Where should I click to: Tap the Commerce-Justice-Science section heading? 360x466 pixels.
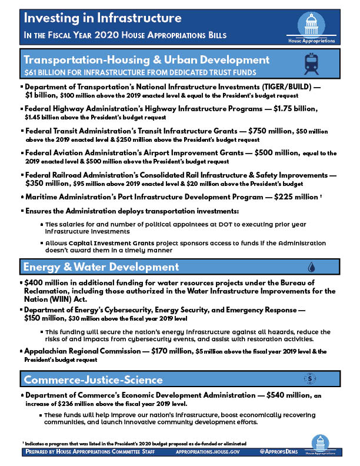[x=92, y=380]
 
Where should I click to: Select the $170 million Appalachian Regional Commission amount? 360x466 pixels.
[x=168, y=351]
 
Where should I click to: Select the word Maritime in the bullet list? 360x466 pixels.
[x=44, y=197]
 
